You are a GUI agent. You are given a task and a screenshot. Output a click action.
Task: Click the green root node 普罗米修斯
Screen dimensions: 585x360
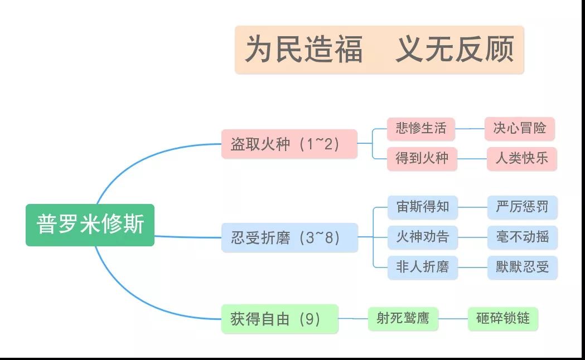pos(90,225)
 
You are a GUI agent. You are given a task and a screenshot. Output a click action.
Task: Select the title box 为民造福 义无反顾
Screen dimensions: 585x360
pos(379,50)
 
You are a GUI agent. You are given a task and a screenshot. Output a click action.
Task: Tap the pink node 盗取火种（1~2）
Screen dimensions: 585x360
pos(289,144)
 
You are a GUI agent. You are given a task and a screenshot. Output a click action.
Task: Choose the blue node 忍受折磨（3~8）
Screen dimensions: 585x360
pos(289,237)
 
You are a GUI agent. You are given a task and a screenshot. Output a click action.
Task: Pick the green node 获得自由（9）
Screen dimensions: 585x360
pos(280,319)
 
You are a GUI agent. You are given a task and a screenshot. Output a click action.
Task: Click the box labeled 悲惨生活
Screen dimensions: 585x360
pos(421,129)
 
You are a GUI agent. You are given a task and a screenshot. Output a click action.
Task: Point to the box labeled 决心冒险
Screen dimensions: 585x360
pos(520,129)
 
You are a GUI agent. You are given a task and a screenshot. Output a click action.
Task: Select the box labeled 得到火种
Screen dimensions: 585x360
pos(422,159)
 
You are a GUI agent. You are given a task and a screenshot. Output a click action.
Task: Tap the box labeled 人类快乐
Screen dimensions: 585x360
pos(522,159)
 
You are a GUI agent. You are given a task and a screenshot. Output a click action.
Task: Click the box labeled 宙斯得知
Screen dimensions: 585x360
pos(423,207)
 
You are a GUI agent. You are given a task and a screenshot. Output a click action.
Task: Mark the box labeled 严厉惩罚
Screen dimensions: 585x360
pos(523,207)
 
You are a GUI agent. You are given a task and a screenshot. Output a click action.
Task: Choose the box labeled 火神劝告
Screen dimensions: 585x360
pos(423,237)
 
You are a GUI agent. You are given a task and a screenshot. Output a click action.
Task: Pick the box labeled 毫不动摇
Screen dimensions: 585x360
pos(523,237)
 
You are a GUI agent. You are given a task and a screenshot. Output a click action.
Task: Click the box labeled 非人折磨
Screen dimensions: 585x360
pos(423,267)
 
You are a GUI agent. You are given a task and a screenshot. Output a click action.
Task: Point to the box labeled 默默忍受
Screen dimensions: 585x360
pos(523,267)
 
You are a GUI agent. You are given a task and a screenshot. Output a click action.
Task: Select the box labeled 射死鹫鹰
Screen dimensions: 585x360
pos(403,319)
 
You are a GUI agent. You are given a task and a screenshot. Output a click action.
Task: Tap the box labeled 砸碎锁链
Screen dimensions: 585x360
pos(503,319)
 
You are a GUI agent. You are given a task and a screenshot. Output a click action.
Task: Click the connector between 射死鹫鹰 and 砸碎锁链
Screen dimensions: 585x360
pos(453,319)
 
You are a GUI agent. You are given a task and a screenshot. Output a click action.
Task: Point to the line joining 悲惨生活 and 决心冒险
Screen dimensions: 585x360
pos(470,129)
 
